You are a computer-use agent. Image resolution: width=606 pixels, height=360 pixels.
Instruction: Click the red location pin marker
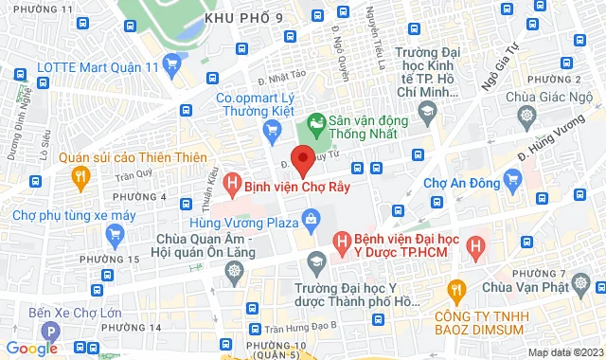[x=302, y=160]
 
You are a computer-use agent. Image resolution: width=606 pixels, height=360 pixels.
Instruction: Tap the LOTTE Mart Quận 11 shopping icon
[x=171, y=64]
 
